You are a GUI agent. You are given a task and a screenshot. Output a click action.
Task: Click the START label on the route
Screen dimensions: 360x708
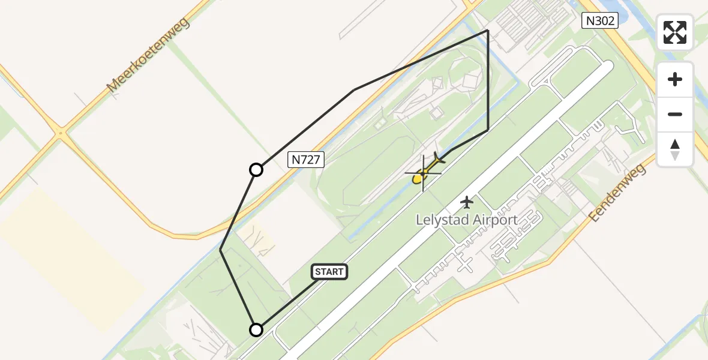[x=329, y=272]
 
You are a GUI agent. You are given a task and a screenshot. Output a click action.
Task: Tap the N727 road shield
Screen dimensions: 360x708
[x=307, y=159]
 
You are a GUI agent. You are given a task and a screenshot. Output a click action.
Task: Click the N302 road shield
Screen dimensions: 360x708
[x=600, y=21]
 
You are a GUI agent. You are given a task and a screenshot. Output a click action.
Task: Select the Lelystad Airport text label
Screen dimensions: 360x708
[x=467, y=220]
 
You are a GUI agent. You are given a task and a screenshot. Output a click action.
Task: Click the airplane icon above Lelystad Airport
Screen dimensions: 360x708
[x=466, y=202]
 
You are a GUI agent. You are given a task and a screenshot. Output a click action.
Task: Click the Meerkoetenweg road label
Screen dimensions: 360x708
[x=148, y=55]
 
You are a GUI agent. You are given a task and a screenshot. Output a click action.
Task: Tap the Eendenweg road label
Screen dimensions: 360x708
[x=618, y=193]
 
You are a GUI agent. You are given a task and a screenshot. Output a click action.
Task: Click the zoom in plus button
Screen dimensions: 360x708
[x=675, y=79]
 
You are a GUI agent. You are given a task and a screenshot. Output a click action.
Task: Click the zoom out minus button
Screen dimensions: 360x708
[x=675, y=114]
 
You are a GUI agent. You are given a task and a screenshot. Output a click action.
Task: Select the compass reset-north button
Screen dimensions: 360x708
[x=675, y=149]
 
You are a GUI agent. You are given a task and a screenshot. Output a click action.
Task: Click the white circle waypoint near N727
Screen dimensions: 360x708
[x=256, y=170]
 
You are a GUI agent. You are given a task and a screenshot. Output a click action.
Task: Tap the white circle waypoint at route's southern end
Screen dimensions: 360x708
[x=256, y=329]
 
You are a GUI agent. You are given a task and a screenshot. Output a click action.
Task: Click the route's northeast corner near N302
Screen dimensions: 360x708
[x=487, y=31]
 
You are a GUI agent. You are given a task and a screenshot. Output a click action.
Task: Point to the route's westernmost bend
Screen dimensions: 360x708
[x=221, y=250]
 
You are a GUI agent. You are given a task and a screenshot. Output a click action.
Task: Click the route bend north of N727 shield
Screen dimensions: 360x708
[x=355, y=90]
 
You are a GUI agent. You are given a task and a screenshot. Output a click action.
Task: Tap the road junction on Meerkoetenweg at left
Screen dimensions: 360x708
[x=60, y=134]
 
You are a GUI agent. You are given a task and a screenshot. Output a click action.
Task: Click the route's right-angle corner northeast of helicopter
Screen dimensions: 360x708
[x=487, y=130]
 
